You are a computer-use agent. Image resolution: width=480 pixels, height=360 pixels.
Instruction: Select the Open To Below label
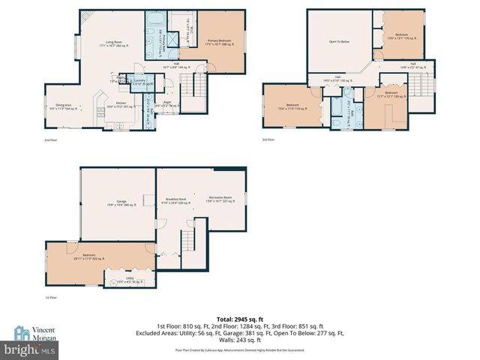[x=340, y=41]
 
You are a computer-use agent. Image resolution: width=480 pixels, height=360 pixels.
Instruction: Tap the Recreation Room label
[x=220, y=199]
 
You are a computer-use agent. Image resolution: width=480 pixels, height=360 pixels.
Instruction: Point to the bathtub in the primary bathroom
[x=158, y=19]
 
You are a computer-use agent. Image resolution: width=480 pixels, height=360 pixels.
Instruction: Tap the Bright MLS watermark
[x=30, y=349]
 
